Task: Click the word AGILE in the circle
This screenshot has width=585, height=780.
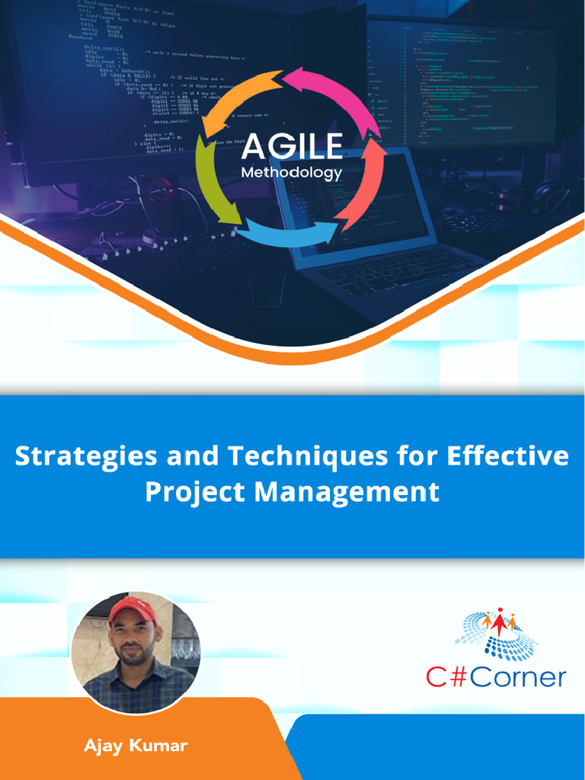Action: click(x=292, y=145)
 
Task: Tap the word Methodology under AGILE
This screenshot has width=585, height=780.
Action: click(x=292, y=173)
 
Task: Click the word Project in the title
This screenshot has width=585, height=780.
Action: click(x=194, y=492)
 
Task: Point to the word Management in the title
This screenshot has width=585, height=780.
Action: click(x=347, y=492)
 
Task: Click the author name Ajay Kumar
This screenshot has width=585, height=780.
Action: click(x=136, y=745)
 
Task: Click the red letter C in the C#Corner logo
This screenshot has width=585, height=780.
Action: click(x=436, y=676)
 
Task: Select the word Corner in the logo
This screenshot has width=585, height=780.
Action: click(x=518, y=676)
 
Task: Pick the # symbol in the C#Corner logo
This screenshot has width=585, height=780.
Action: click(x=459, y=676)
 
